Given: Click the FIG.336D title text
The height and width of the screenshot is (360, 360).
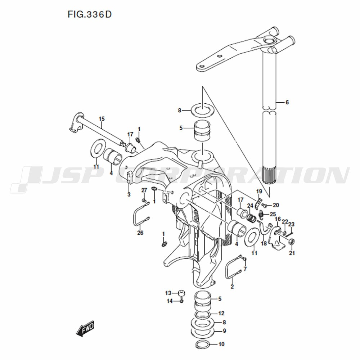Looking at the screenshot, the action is coord(90,14).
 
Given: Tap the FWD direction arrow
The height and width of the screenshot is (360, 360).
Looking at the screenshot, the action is coord(85,328).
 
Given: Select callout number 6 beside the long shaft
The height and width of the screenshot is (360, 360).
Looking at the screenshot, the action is coord(287,102).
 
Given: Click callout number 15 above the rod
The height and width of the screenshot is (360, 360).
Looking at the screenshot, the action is coord(102,119).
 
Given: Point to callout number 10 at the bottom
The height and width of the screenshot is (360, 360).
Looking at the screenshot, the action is coord(221,344).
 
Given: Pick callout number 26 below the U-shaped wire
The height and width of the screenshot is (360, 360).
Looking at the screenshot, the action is coord(140,233).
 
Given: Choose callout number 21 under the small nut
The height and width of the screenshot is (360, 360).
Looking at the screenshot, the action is coord(292,253).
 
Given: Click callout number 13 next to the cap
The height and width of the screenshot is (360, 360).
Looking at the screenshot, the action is coord(168,293).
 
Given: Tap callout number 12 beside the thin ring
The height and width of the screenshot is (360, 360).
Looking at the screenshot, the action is coord(221,313).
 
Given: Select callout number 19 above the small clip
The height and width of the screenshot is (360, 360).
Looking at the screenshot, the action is coord(259,191).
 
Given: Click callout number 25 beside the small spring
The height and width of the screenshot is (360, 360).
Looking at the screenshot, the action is coord(273,214).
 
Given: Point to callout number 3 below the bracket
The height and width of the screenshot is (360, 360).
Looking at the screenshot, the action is coord(129,194).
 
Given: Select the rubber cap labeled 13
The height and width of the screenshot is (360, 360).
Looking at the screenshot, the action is coord(181,293).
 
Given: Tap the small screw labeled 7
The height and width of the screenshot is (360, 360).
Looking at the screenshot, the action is coord(244,259).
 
